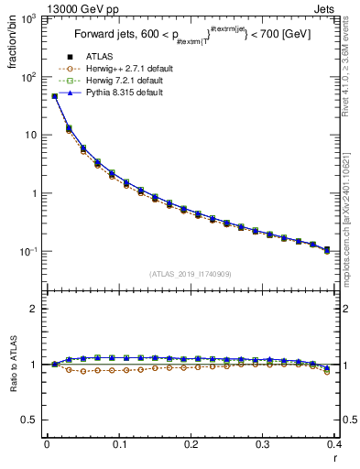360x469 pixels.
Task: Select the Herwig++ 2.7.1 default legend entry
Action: pyautogui.click(x=128, y=68)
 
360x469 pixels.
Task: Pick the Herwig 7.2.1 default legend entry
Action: pyautogui.click(x=125, y=80)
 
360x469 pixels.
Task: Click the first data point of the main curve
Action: pyautogui.click(x=54, y=95)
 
